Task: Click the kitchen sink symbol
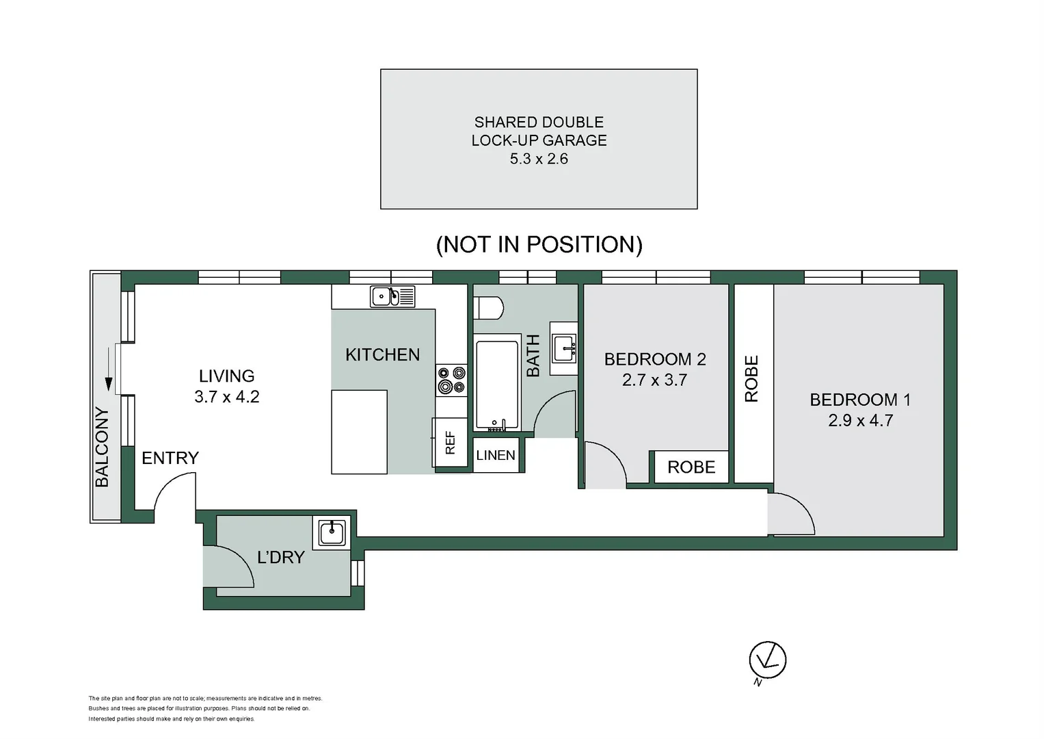392,296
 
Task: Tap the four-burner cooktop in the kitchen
451,380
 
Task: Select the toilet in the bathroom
489,308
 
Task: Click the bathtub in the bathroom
497,385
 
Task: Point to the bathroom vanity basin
563,348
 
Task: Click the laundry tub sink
332,533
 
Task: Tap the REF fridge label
451,442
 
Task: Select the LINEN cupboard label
496,455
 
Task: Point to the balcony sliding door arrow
109,369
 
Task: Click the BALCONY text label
102,448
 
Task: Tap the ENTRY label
170,458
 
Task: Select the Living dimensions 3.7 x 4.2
226,397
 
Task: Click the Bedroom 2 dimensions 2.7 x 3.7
654,380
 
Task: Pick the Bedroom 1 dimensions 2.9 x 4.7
860,420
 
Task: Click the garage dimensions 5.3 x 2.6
539,159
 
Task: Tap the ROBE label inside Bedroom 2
691,467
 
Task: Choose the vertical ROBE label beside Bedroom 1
752,379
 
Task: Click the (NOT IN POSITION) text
539,244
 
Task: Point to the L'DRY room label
281,557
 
